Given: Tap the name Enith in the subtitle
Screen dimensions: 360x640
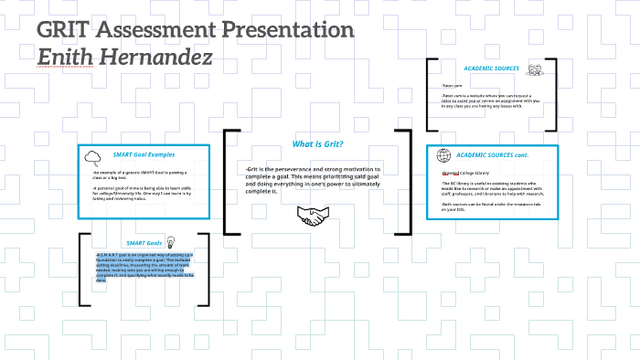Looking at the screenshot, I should pyautogui.click(x=68, y=59).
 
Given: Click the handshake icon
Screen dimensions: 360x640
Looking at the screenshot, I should pyautogui.click(x=313, y=217).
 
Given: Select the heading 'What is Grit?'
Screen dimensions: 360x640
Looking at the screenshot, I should pyautogui.click(x=317, y=144).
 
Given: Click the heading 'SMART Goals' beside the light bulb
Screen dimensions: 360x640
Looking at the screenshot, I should pyautogui.click(x=144, y=243).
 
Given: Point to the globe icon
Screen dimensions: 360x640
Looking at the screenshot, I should pyautogui.click(x=443, y=155).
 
